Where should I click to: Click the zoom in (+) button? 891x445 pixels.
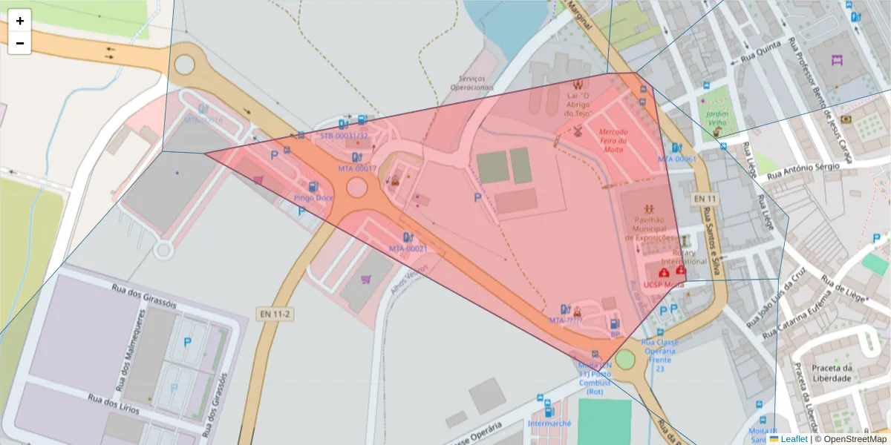click(x=20, y=21)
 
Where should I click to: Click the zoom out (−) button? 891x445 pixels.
click(x=20, y=43)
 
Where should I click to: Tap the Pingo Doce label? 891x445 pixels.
click(x=313, y=198)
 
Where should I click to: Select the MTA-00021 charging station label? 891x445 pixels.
click(x=408, y=248)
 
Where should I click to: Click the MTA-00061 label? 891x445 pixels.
click(x=677, y=159)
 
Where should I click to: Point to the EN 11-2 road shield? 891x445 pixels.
click(x=274, y=314)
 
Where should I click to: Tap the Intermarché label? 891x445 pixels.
click(x=549, y=423)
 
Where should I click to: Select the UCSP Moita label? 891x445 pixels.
click(x=664, y=285)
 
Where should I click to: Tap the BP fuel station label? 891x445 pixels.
click(x=615, y=334)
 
